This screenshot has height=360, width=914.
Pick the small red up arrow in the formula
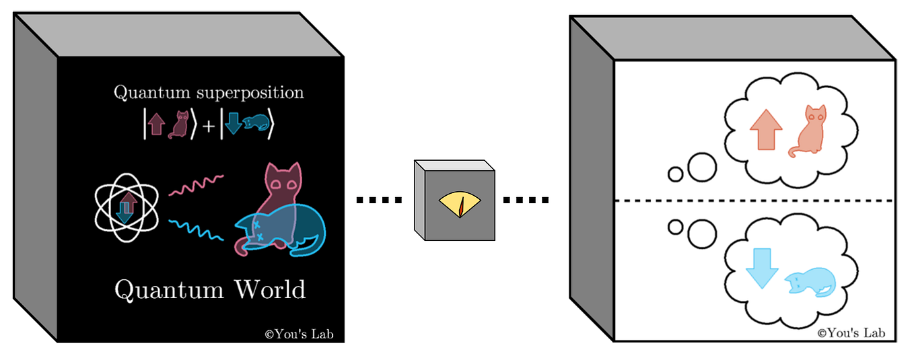point(156,126)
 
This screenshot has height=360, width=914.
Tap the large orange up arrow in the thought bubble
point(765,129)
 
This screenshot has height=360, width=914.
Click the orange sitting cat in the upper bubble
point(808,131)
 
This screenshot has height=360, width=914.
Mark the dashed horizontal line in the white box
point(754,201)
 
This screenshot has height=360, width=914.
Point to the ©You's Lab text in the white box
point(851,332)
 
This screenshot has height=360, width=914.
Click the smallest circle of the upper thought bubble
point(675,174)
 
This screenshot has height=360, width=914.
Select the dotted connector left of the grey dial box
point(379,200)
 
